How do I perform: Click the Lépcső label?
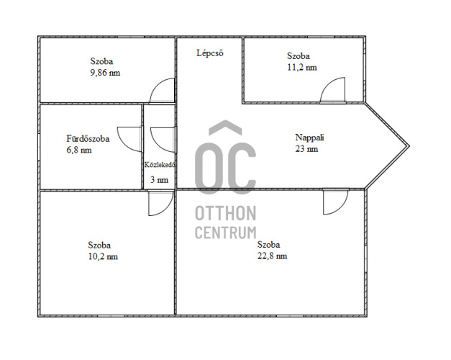pyautogui.click(x=210, y=53)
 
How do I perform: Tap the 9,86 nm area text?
pyautogui.click(x=105, y=73)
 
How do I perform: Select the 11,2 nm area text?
pyautogui.click(x=302, y=68)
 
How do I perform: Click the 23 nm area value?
pyautogui.click(x=306, y=149)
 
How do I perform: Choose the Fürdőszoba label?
pyautogui.click(x=88, y=138)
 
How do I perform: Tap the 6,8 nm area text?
pyautogui.click(x=79, y=150)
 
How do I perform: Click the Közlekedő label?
pyautogui.click(x=160, y=165)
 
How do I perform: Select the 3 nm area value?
pyautogui.click(x=159, y=180)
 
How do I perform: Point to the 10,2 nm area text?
pyautogui.click(x=103, y=256)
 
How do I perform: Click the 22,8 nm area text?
pyautogui.click(x=272, y=256)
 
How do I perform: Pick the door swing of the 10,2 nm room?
pyautogui.click(x=166, y=210)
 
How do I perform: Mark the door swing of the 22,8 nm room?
pyautogui.click(x=342, y=208)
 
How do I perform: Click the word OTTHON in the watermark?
pyautogui.click(x=226, y=213)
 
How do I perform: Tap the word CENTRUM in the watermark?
pyautogui.click(x=226, y=233)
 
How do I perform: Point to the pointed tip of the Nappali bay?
pyautogui.click(x=409, y=146)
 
